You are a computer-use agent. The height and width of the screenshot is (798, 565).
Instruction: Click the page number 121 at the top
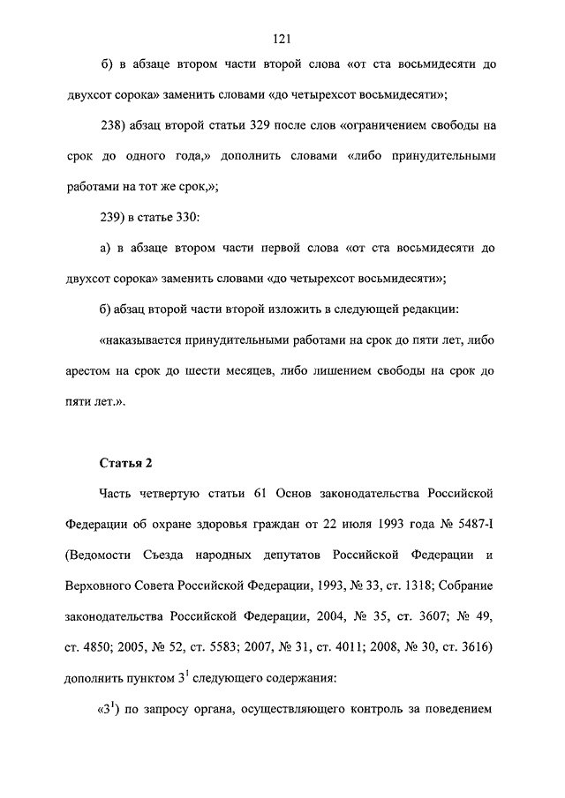tap(282, 39)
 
